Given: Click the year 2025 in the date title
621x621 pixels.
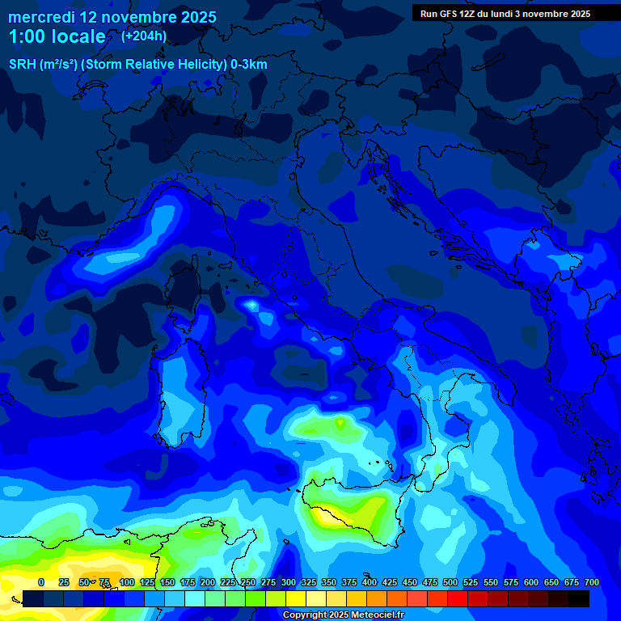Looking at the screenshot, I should click(x=193, y=17).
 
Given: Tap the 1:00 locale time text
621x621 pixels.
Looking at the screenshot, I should click(x=57, y=37).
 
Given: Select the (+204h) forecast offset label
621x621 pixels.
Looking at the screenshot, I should click(x=145, y=36).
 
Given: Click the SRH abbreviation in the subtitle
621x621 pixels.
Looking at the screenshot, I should click(x=22, y=65).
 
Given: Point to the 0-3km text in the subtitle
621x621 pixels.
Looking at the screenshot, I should click(x=249, y=65).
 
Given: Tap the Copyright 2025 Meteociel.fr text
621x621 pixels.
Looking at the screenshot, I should click(x=343, y=615).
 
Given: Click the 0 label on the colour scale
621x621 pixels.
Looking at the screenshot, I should click(x=41, y=582).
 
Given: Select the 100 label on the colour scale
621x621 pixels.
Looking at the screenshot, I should click(x=127, y=582).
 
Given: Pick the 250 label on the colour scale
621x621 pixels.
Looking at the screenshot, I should click(x=248, y=582).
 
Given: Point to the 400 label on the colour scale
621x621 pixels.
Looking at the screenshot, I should click(x=370, y=582).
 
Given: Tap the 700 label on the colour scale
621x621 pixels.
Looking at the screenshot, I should click(x=592, y=582).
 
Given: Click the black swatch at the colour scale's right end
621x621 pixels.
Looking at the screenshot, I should click(x=579, y=598).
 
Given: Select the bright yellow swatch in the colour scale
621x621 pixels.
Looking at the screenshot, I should click(x=296, y=598).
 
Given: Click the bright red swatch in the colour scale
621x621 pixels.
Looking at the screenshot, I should click(x=458, y=598).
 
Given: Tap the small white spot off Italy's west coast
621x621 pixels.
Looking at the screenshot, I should click(x=251, y=305).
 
